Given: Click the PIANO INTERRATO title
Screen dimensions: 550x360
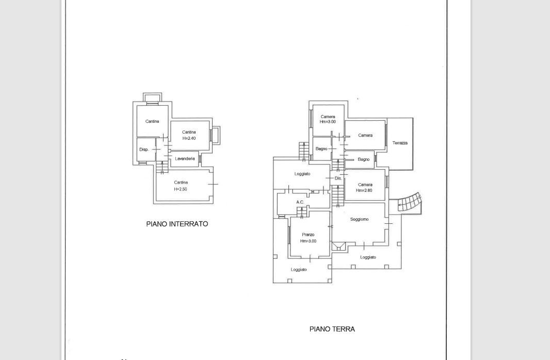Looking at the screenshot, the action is [x=177, y=224].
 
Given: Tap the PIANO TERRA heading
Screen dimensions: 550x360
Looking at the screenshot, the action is [x=332, y=329].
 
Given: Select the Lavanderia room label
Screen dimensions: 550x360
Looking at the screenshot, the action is [x=185, y=159].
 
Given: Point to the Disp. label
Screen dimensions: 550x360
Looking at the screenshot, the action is [x=144, y=150].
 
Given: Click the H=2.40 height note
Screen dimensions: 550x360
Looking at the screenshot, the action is [x=189, y=138].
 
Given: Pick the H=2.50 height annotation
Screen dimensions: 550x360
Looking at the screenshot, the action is [x=181, y=189].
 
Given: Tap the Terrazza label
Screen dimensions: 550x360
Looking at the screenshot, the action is [x=400, y=143].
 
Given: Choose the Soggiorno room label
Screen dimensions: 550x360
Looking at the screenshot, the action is [x=359, y=219].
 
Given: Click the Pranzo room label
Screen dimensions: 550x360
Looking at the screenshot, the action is [x=308, y=235].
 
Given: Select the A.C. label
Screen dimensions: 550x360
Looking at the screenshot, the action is [x=300, y=202].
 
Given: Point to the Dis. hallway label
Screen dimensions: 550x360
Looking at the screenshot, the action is [x=338, y=178].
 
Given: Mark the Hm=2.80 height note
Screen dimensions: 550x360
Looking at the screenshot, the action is [x=364, y=190].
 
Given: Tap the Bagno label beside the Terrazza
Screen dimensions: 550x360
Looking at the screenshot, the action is [x=363, y=159].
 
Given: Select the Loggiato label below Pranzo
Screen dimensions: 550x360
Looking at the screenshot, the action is [x=299, y=270].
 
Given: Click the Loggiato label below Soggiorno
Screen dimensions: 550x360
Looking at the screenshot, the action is [x=368, y=257].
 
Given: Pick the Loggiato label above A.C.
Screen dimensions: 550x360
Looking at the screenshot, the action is [x=302, y=174].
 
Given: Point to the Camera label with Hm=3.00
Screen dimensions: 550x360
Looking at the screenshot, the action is [x=328, y=117].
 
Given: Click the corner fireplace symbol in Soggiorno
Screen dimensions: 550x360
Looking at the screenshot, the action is [x=339, y=246].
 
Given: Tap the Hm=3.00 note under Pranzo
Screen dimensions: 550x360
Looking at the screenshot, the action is [x=308, y=241].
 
